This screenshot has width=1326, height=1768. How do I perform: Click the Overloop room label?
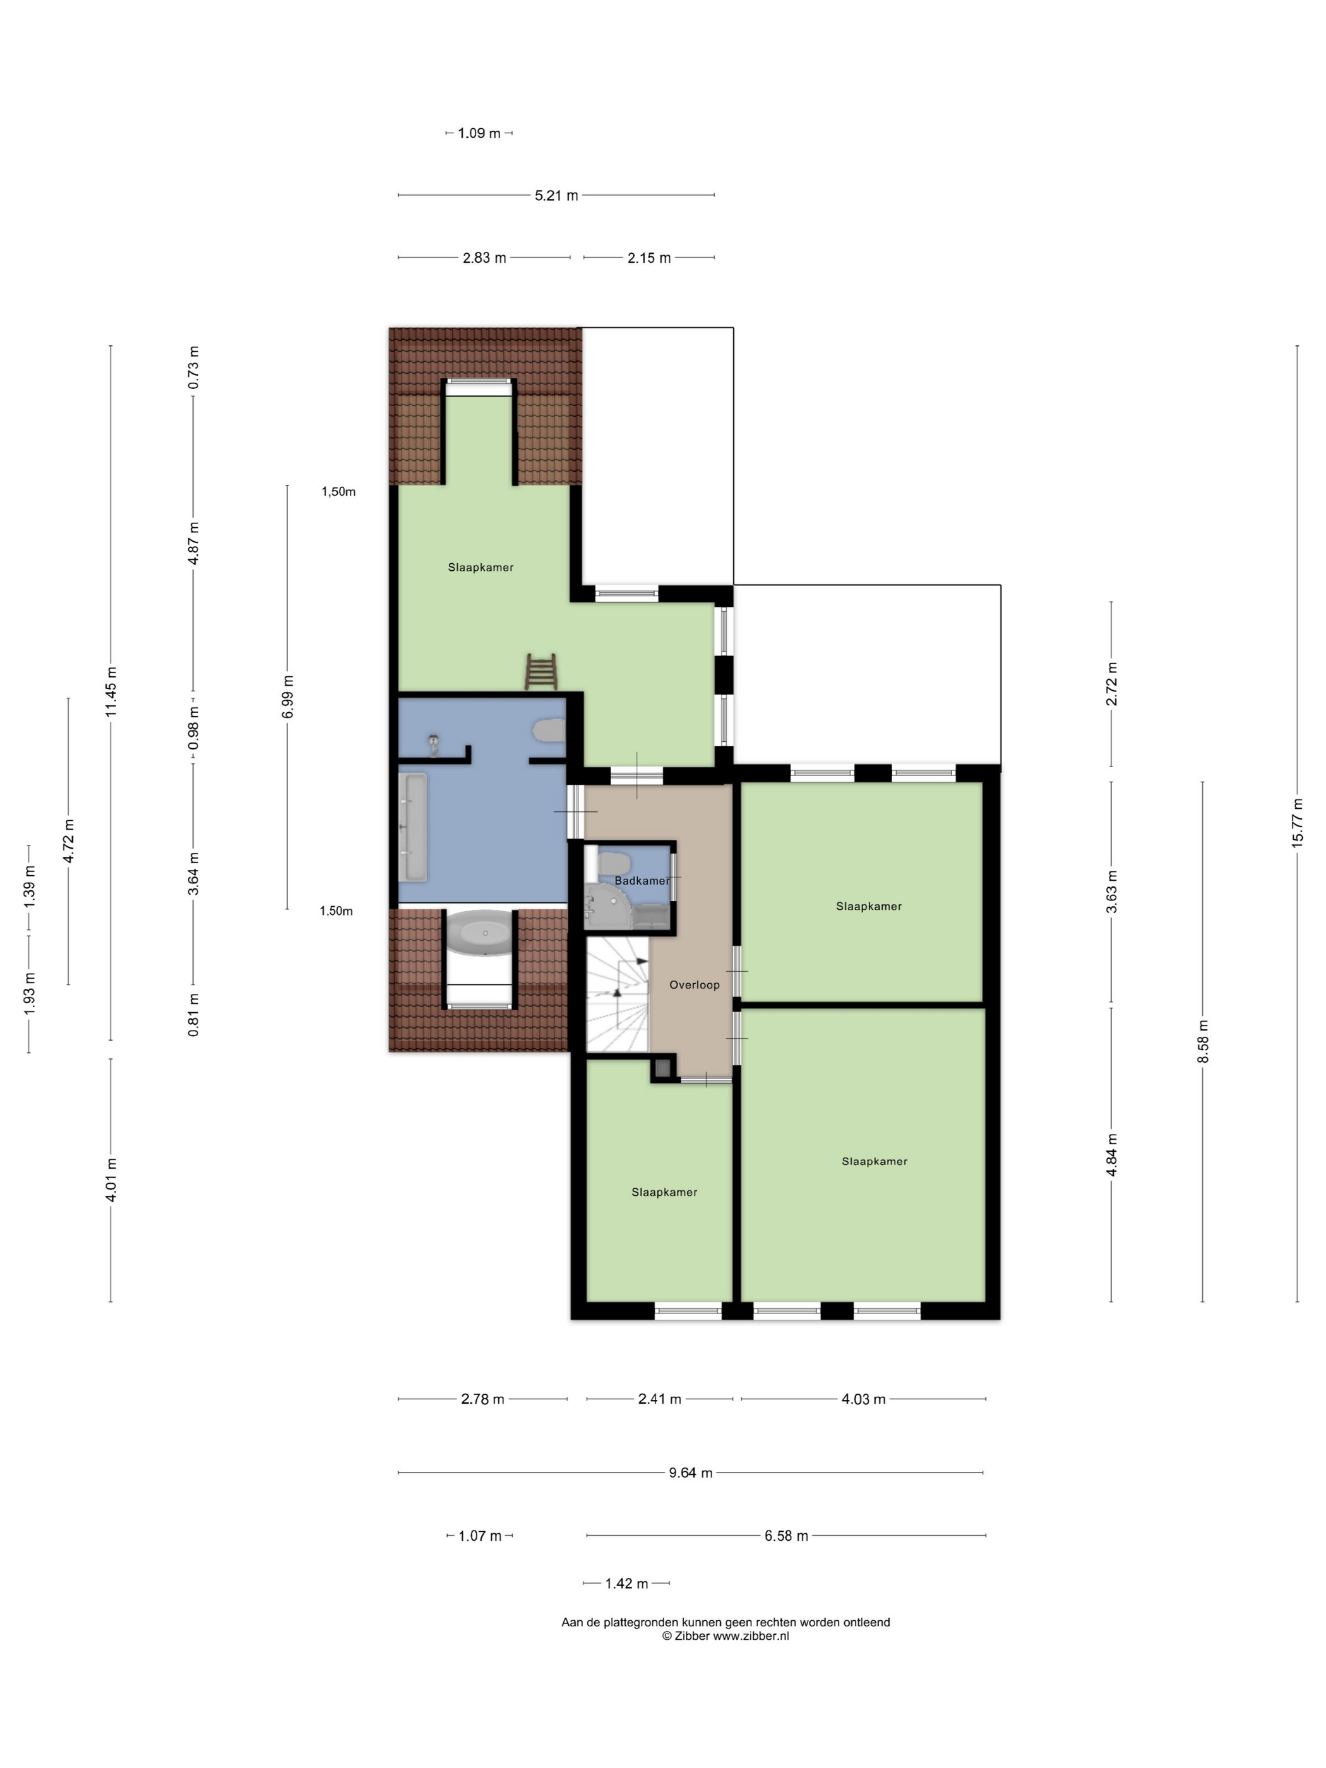click(x=694, y=984)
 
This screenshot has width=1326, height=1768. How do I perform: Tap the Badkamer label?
click(x=642, y=880)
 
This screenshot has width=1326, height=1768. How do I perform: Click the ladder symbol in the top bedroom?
click(x=541, y=671)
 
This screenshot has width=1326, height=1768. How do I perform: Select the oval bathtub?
click(x=479, y=932)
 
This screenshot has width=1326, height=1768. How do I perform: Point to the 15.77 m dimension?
click(x=1296, y=823)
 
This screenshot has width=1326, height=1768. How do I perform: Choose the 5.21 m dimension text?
click(x=556, y=195)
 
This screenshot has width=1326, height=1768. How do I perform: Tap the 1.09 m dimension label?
click(x=479, y=133)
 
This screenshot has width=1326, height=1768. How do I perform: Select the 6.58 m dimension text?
click(x=785, y=1536)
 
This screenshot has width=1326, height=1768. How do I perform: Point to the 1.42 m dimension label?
click(x=626, y=1584)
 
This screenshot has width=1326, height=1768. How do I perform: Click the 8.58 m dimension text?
click(x=1203, y=1041)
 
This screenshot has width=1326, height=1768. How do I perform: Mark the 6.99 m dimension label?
click(x=288, y=697)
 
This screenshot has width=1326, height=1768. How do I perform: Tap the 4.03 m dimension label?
click(x=863, y=1399)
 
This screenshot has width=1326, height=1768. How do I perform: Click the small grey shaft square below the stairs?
click(x=662, y=1067)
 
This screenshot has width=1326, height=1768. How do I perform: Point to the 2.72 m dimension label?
click(x=1111, y=684)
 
